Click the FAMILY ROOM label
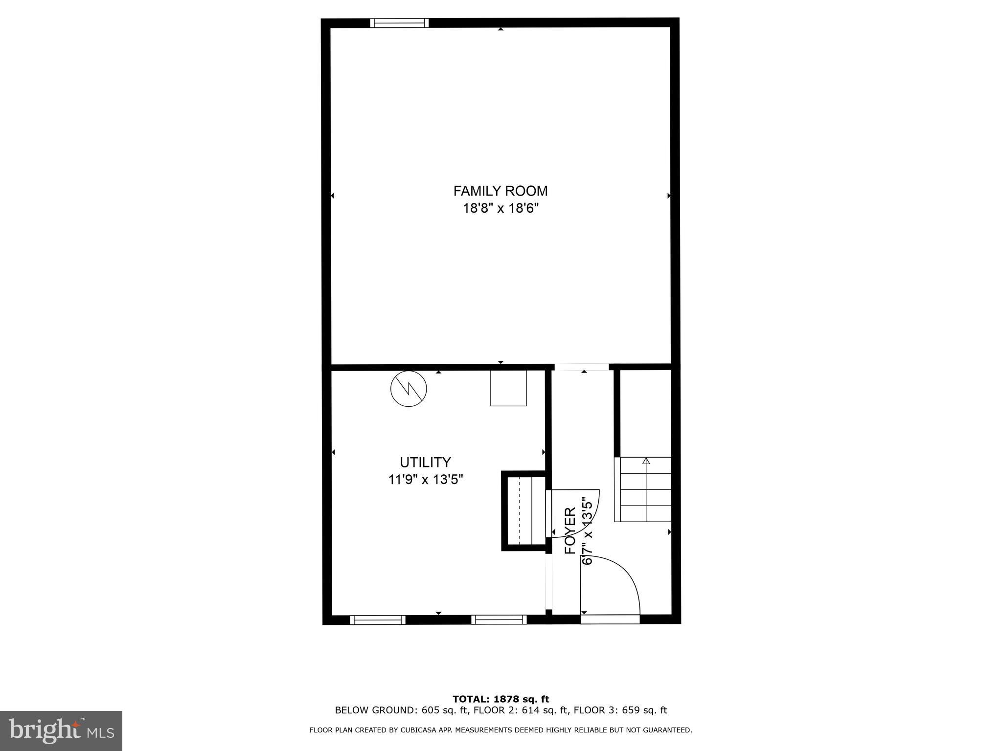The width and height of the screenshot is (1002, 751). point(500,191)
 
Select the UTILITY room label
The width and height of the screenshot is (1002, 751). point(425,462)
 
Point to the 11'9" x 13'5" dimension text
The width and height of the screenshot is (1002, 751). point(425,480)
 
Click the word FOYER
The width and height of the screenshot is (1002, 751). point(570,531)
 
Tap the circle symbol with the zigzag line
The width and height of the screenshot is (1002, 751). point(409,389)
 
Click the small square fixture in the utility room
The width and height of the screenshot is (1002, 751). point(508,388)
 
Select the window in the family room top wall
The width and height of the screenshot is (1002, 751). point(399,23)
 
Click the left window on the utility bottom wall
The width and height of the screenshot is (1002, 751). point(378,620)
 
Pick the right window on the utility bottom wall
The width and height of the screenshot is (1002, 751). point(499,620)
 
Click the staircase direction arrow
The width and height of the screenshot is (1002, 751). point(646,461)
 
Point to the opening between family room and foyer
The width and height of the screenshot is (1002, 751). point(581,367)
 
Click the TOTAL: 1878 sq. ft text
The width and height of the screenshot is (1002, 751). point(501,699)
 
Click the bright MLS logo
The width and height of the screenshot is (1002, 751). point(61,730)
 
